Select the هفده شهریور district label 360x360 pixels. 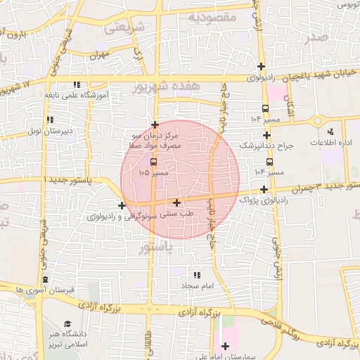coord(167,86)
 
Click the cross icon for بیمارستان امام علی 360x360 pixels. coord(225,346)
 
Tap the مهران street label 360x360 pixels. coord(101,54)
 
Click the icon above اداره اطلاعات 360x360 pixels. coord(330,131)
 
